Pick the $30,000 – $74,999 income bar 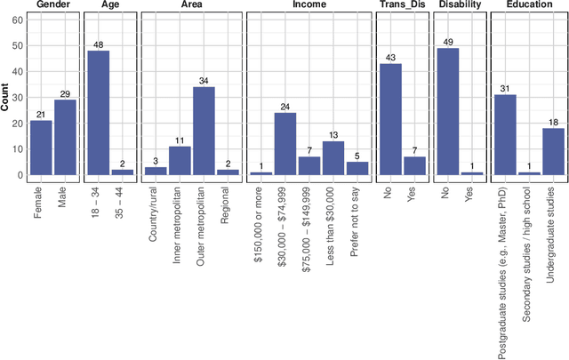284,145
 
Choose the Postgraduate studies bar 505,135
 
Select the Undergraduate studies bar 552,152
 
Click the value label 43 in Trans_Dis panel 390,57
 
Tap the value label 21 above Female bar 41,114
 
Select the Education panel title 528,5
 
